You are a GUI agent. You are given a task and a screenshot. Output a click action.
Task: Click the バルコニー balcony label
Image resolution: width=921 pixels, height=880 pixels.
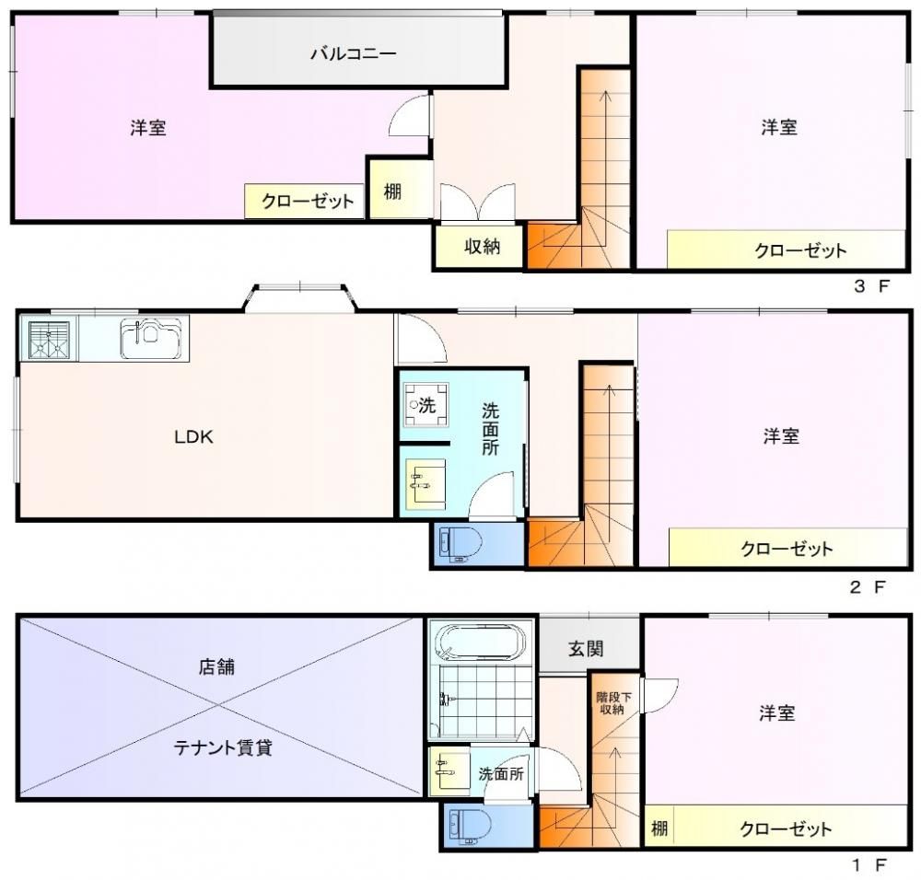pyautogui.click(x=354, y=54)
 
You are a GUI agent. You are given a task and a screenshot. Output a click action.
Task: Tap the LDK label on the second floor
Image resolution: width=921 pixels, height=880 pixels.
pyautogui.click(x=193, y=436)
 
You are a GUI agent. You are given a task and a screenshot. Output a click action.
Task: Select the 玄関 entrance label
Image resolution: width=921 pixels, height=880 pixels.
pyautogui.click(x=586, y=649)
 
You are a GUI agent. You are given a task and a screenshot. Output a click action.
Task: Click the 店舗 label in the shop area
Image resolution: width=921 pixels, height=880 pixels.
pyautogui.click(x=216, y=666)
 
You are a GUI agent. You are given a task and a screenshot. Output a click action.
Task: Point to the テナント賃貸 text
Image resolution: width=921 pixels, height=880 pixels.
pyautogui.click(x=223, y=748)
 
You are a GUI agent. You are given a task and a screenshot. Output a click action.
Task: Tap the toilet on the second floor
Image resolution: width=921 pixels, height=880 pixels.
pyautogui.click(x=460, y=544)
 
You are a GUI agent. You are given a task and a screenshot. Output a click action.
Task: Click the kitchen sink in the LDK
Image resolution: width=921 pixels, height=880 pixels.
pyautogui.click(x=152, y=338)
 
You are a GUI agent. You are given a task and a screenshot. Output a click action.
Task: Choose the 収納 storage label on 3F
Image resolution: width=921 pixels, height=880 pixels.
pyautogui.click(x=483, y=247)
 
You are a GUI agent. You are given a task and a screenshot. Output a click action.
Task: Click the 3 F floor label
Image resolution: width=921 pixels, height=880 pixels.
pyautogui.click(x=871, y=287)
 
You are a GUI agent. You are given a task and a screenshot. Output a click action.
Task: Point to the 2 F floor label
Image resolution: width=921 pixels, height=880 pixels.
pyautogui.click(x=868, y=586)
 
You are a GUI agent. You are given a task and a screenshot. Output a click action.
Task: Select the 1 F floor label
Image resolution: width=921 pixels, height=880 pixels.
pyautogui.click(x=869, y=864)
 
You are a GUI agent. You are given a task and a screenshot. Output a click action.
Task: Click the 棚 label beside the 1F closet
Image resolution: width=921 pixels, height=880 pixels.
pyautogui.click(x=659, y=828)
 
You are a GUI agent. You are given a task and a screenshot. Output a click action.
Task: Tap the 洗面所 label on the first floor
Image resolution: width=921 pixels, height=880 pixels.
pyautogui.click(x=500, y=774)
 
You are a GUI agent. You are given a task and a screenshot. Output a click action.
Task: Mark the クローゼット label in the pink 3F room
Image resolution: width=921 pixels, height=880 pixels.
pyautogui.click(x=308, y=202)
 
